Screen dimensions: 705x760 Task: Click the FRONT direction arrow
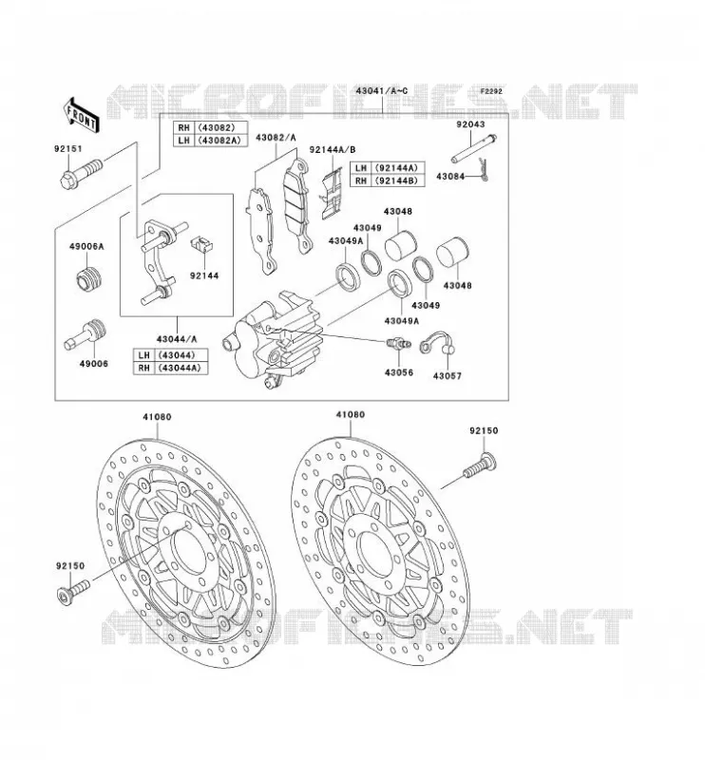82,115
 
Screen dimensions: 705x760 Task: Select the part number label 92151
68,149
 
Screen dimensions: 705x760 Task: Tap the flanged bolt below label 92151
82,174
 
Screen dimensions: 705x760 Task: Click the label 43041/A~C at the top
382,90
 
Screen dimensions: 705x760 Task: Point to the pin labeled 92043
473,149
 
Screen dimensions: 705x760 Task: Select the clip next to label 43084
484,170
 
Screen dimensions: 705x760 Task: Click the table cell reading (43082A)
221,140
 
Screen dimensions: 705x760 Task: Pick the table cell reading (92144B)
398,180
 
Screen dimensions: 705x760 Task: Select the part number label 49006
94,364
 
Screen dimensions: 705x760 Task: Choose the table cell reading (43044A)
181,368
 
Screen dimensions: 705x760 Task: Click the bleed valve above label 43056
399,344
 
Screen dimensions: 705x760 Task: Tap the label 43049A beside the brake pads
346,241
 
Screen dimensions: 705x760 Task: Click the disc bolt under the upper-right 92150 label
479,465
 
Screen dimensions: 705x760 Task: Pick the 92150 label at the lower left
70,565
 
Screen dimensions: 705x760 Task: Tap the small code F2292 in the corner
491,91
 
